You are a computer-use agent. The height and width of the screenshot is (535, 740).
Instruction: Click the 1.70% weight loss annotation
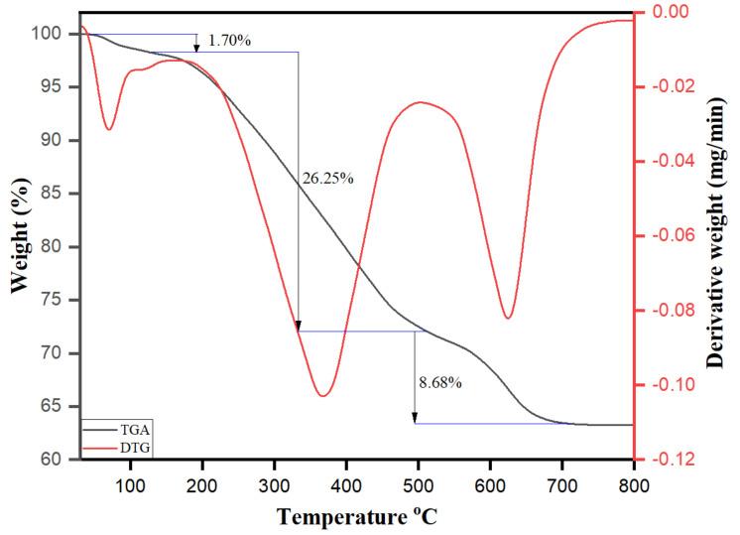230,42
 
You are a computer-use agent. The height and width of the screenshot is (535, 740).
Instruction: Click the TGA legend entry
133,432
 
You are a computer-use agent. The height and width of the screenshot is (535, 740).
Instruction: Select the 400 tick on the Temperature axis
345,483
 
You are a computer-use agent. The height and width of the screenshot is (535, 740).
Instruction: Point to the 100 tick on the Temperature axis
129,483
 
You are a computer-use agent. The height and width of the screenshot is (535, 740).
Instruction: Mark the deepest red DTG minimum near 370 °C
323,396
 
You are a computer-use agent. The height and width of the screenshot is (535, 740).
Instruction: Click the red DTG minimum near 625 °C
508,318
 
